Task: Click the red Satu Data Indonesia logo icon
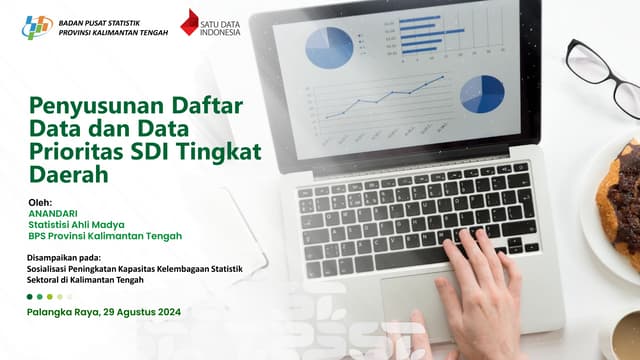190,23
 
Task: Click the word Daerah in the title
67,174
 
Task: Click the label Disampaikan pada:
71,259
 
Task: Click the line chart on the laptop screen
380,100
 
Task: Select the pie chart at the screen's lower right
482,94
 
